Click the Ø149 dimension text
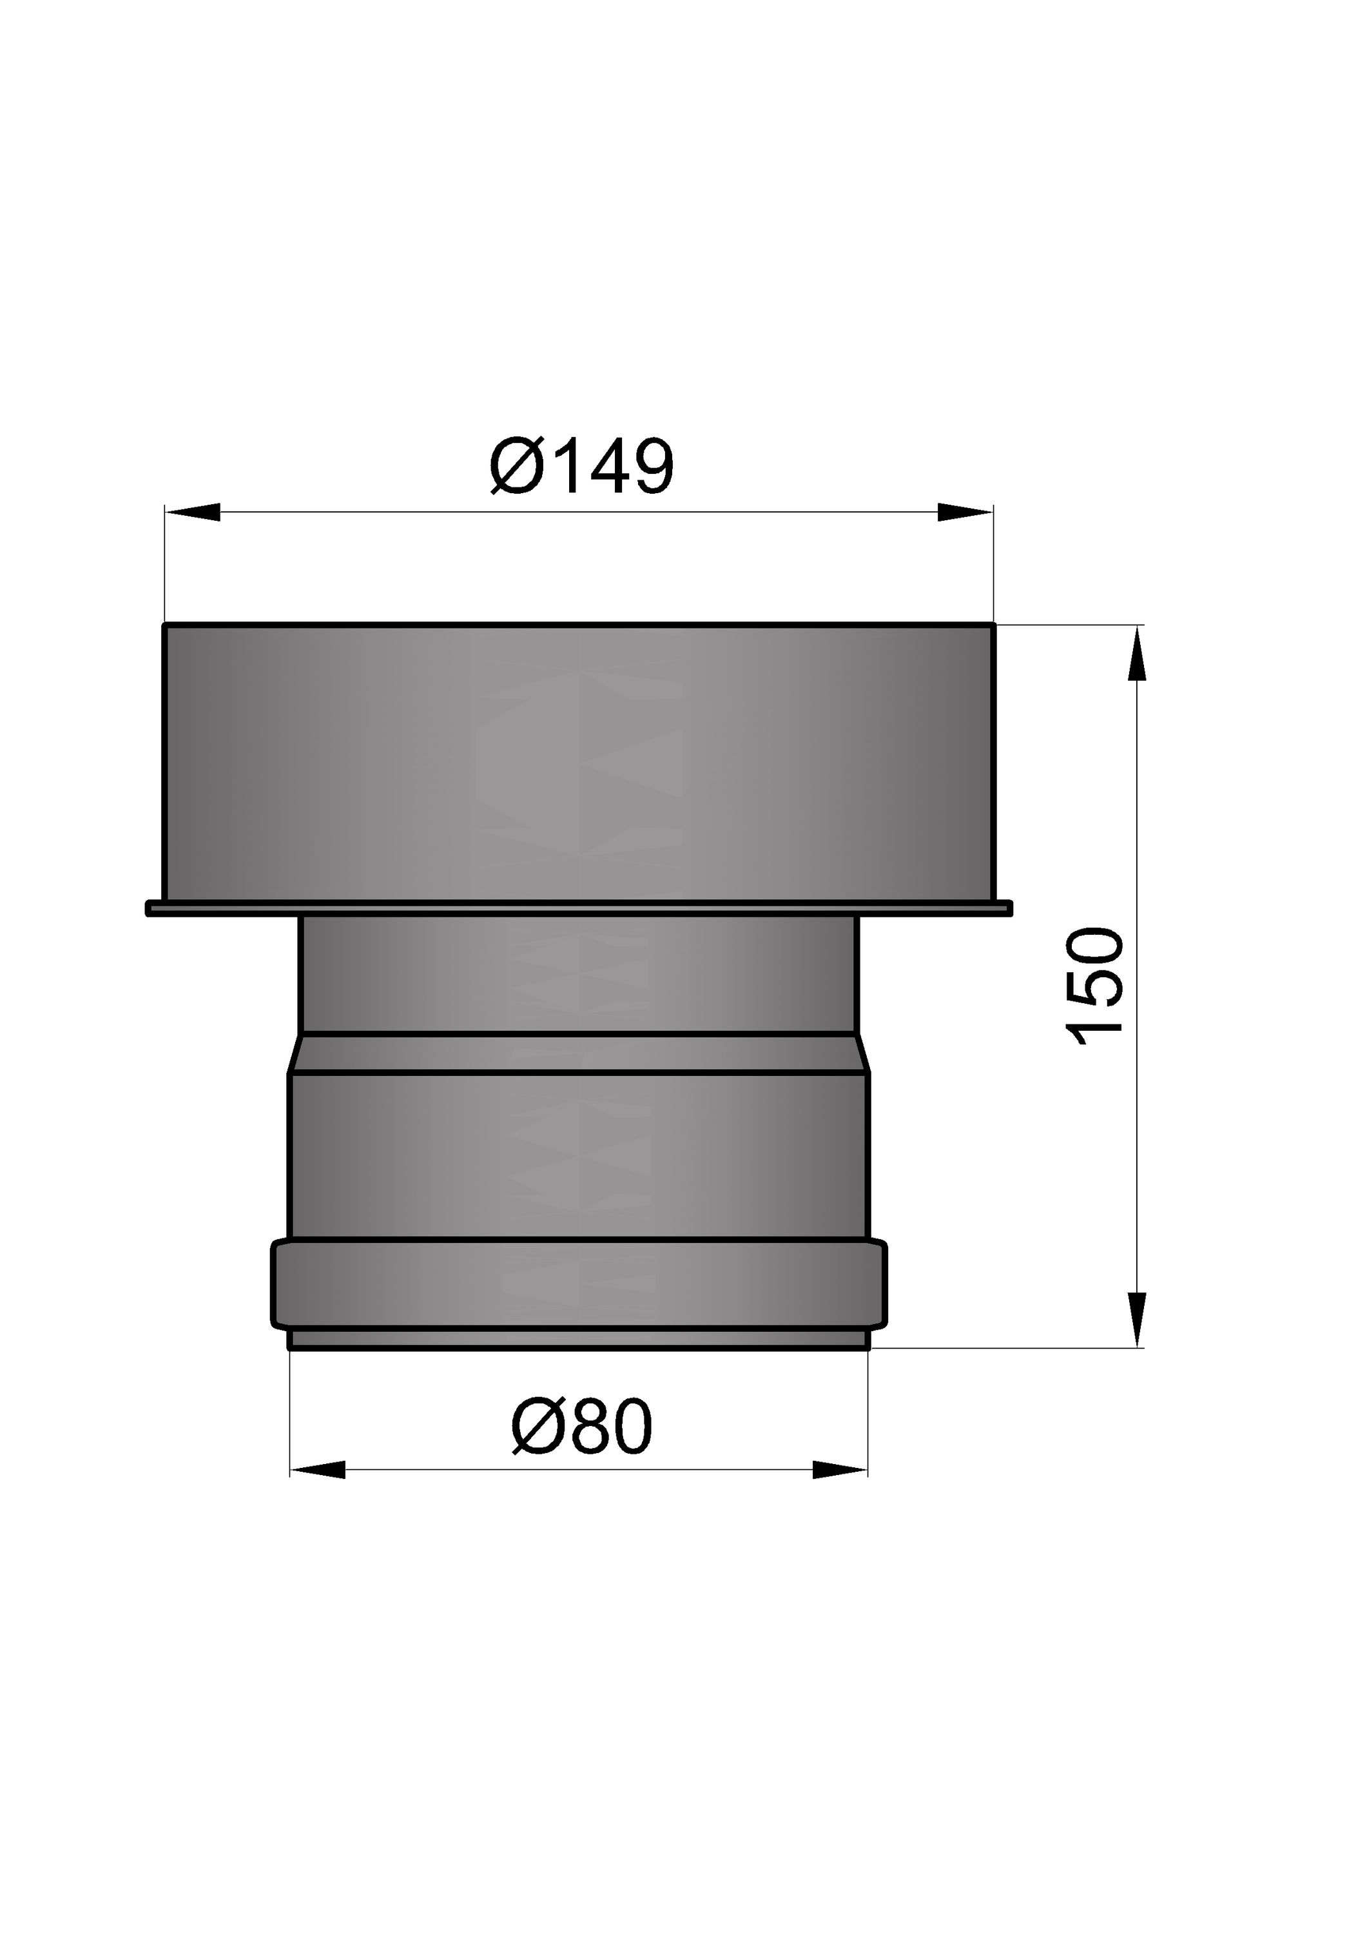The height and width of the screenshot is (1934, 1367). (582, 466)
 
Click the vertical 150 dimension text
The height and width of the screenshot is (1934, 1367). (1095, 986)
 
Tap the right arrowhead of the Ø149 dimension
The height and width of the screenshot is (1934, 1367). (965, 512)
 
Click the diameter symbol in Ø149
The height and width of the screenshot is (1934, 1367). (514, 466)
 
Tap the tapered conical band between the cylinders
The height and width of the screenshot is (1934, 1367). (579, 1053)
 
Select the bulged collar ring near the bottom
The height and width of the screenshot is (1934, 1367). (579, 1283)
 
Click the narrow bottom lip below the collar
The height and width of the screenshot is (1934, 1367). (579, 1338)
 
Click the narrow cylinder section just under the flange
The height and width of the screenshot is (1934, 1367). (579, 973)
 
